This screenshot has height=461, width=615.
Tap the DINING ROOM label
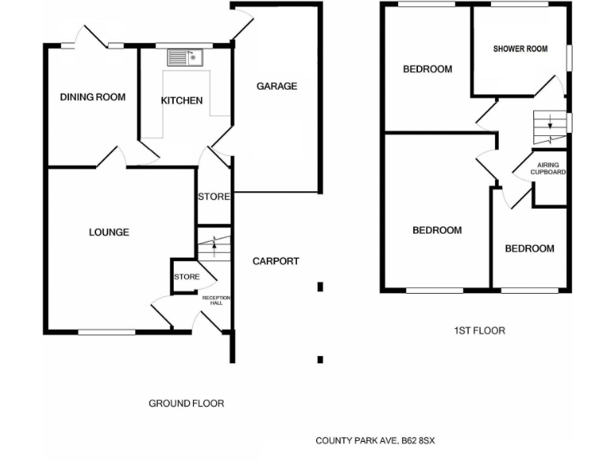[x=93, y=98]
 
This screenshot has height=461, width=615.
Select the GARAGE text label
[x=276, y=86]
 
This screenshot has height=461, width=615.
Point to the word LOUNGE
[x=109, y=233]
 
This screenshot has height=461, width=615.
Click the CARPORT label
[x=275, y=262]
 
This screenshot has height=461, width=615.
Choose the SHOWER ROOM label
[x=521, y=49]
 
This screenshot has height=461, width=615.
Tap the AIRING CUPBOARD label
[x=549, y=169]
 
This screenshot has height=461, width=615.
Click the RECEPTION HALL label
[x=216, y=300]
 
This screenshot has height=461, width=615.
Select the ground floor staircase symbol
[x=214, y=244]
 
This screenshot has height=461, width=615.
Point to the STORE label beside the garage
[x=214, y=197]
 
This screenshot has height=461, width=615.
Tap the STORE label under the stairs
[x=187, y=277]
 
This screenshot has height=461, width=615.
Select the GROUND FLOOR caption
[x=187, y=403]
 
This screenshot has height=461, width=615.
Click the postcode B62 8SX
[x=415, y=441]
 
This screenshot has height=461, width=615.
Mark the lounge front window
[x=107, y=331]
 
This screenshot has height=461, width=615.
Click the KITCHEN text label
[x=182, y=101]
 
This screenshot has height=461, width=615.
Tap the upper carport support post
[x=320, y=286]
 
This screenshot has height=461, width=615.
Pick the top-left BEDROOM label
[x=427, y=70]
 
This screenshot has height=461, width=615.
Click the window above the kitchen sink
[x=178, y=45]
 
